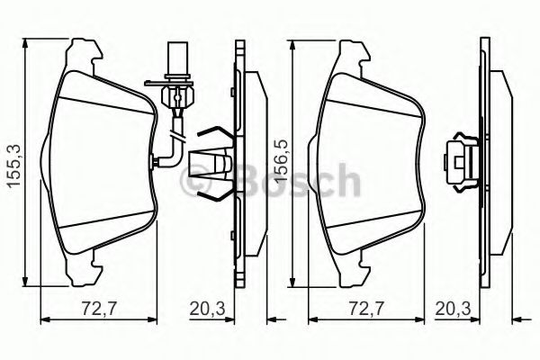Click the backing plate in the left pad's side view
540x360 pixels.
coord(238,162)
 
